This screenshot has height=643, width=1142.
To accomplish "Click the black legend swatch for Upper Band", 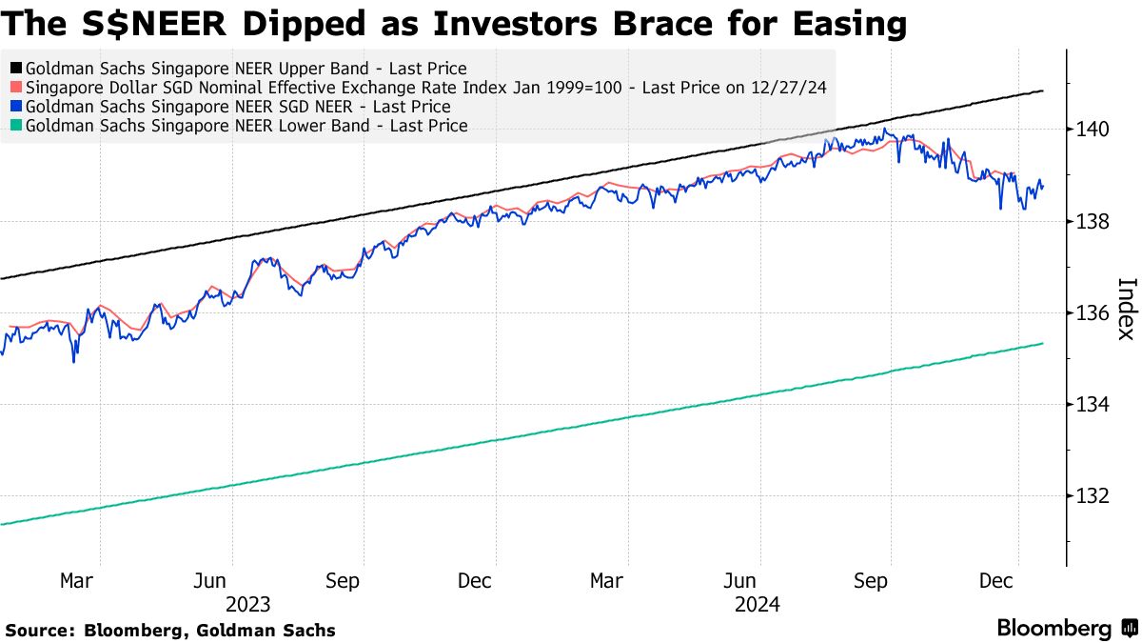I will click(x=15, y=69).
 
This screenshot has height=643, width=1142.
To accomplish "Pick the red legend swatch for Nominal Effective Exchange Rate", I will click(x=15, y=88).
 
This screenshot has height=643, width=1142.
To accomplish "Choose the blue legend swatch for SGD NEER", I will click(x=15, y=107).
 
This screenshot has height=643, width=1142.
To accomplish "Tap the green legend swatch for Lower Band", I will click(x=15, y=126).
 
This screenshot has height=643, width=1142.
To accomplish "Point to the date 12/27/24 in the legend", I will click(x=794, y=88).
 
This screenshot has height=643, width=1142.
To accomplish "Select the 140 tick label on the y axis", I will click(x=1087, y=130).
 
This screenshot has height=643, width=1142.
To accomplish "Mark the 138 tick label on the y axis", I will click(x=1087, y=222).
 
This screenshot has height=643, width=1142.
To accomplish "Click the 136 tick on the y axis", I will click(x=1087, y=313).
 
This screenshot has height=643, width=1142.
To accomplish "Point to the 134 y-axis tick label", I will click(x=1087, y=405).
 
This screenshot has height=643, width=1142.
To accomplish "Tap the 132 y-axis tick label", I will click(x=1087, y=496).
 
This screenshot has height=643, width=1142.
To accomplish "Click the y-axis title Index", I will click(x=1125, y=309).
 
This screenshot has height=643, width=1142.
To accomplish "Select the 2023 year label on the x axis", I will click(x=247, y=605).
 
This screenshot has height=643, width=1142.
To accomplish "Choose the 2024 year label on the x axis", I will click(x=758, y=605).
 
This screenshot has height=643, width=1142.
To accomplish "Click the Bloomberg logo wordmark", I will click(x=1053, y=629).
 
